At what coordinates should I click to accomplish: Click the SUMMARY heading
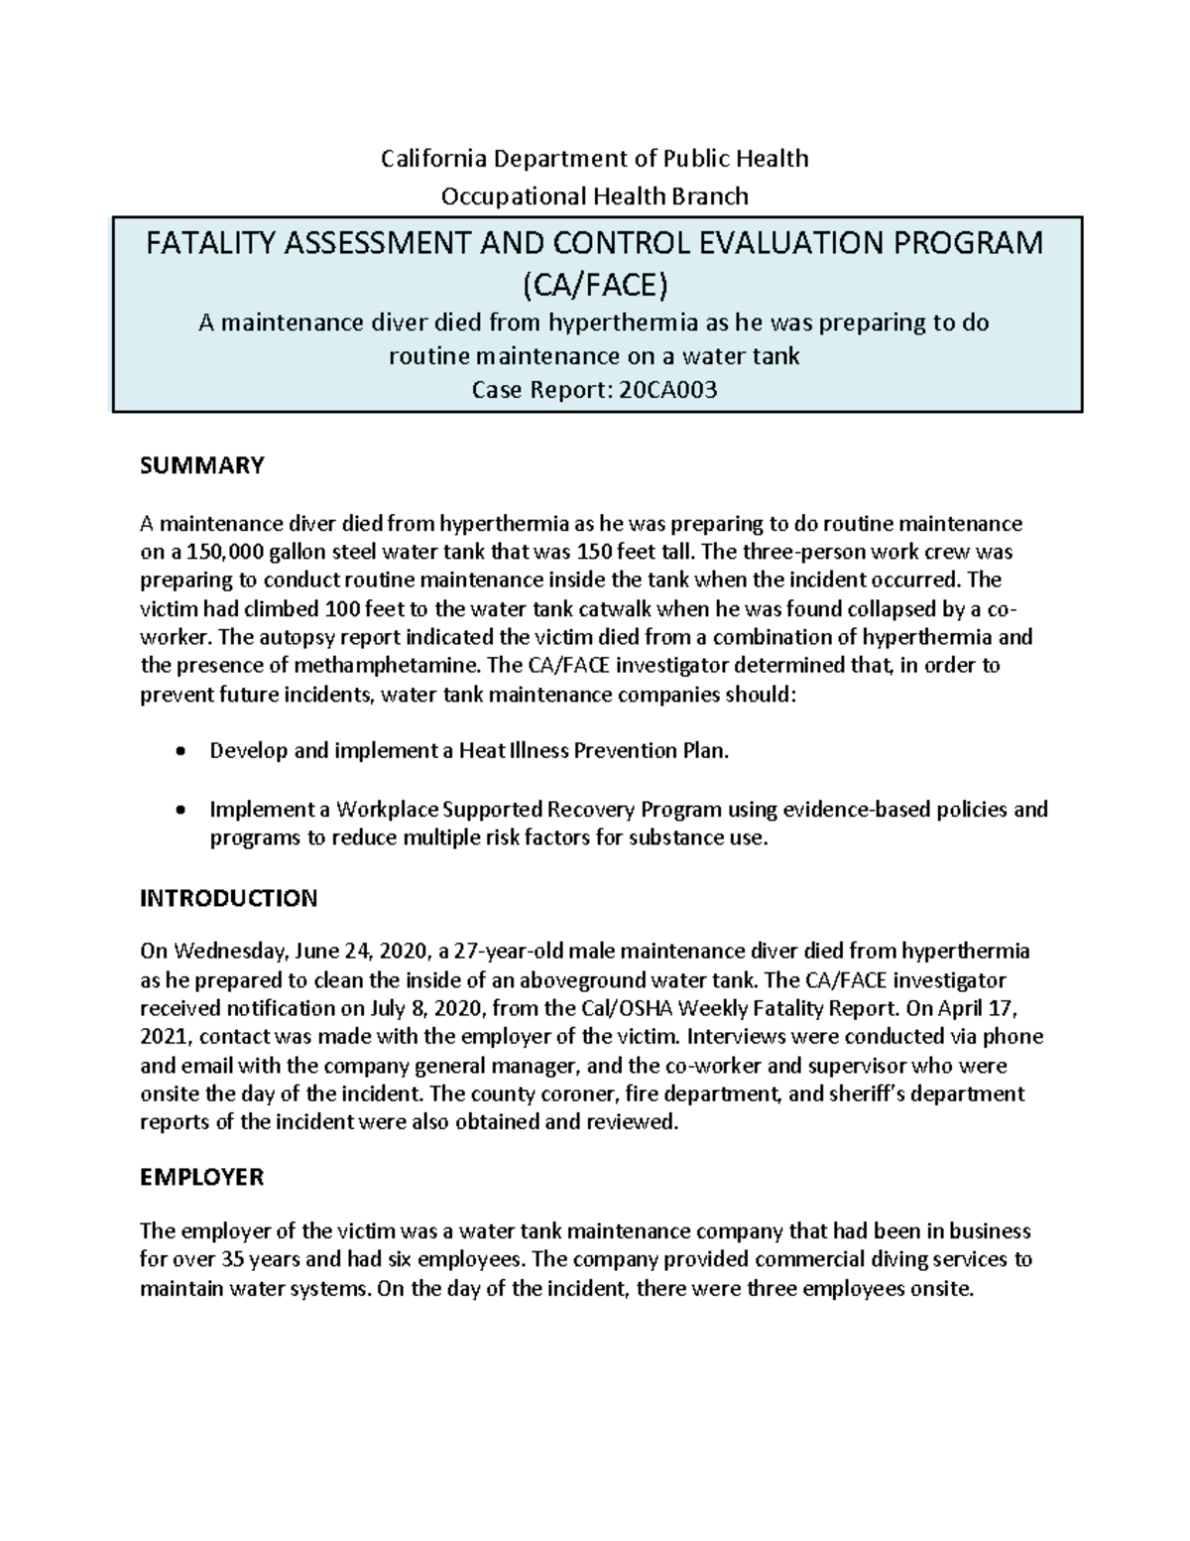[x=202, y=465]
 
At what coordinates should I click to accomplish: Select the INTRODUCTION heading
[x=228, y=898]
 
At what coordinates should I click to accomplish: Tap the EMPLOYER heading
[x=201, y=1177]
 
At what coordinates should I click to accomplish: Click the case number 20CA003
[x=667, y=391]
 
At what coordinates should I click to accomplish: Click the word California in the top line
[x=430, y=159]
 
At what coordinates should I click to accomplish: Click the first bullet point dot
[x=178, y=751]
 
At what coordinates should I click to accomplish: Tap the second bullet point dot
[x=178, y=810]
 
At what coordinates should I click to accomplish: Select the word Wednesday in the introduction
[x=228, y=952]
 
